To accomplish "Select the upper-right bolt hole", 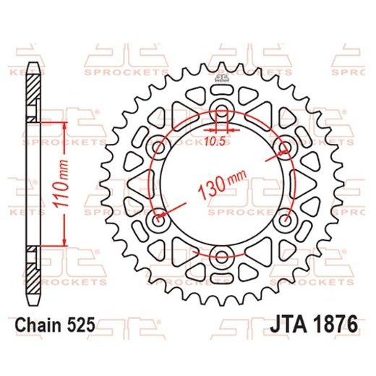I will coord(285,148).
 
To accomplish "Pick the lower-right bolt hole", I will coord(285,218).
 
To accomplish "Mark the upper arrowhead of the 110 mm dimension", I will coord(64,125).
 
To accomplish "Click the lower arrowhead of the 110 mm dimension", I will coord(64,244).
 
